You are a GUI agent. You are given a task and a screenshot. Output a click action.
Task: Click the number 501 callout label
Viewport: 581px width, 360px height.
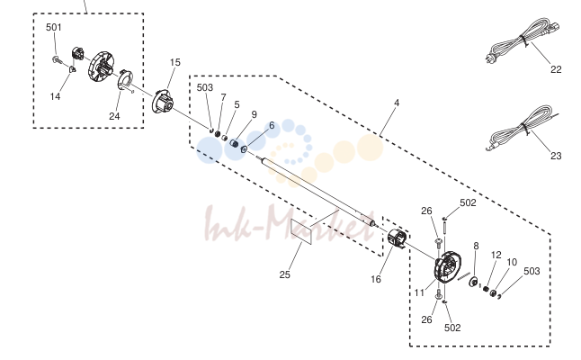point(54,27)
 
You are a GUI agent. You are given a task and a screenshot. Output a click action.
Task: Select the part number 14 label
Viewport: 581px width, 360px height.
point(55,97)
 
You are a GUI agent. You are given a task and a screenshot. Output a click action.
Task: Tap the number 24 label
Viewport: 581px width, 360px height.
point(114,116)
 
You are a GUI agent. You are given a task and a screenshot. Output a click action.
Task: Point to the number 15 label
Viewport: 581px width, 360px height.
point(174,63)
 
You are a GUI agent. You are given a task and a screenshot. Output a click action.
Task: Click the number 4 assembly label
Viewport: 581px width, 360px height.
point(397,103)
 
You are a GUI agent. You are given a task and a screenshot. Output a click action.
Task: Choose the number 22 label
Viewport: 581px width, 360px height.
point(556,69)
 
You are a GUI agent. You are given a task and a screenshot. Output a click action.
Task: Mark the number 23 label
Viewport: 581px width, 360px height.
point(556,156)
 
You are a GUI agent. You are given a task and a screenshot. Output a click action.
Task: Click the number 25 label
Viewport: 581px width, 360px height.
point(284,275)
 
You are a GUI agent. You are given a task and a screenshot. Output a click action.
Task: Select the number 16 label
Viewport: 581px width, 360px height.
point(376,280)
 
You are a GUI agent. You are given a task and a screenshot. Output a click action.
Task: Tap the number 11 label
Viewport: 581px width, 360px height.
point(419,293)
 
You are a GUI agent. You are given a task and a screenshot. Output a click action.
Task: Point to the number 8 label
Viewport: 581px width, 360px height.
point(476,247)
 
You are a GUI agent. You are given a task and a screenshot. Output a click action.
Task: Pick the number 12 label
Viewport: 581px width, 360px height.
point(496,255)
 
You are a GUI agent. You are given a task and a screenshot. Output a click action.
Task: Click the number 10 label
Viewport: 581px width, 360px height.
point(512,263)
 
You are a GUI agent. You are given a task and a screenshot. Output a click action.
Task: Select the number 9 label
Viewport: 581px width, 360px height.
point(254,114)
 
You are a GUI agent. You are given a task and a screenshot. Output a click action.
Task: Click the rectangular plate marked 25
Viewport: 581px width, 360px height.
point(301,231)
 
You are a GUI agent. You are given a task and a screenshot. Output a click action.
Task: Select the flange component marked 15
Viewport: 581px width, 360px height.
point(163,101)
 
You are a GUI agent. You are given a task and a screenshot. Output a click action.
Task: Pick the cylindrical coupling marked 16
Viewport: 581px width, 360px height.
point(398,239)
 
